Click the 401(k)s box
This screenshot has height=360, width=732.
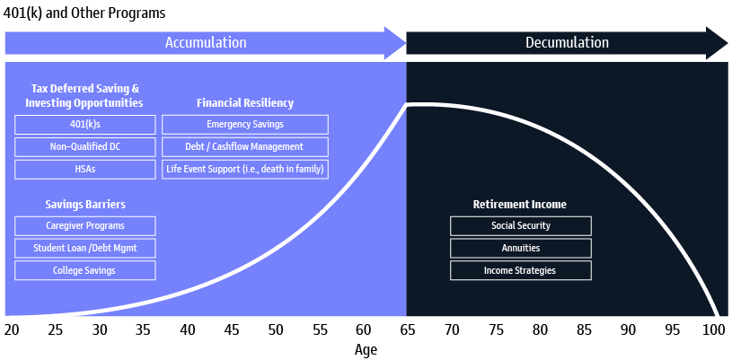pyautogui.click(x=85, y=125)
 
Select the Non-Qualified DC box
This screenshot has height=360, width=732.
pyautogui.click(x=85, y=146)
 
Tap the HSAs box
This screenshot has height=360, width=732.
pyautogui.click(x=85, y=169)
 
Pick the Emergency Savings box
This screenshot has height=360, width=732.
pyautogui.click(x=245, y=125)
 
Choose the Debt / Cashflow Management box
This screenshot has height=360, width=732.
pyautogui.click(x=245, y=146)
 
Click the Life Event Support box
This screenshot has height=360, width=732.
pyautogui.click(x=245, y=169)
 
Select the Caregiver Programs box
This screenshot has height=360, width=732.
pyautogui.click(x=85, y=226)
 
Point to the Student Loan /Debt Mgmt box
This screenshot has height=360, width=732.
pyautogui.click(x=85, y=248)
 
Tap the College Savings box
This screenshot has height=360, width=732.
pyautogui.click(x=85, y=270)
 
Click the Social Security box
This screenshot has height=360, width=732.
pyautogui.click(x=521, y=226)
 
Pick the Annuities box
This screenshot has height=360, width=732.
pyautogui.click(x=521, y=248)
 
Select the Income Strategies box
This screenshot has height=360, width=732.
pyautogui.click(x=521, y=270)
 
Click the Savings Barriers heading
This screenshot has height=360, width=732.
pyautogui.click(x=85, y=205)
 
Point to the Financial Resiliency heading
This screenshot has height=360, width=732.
pyautogui.click(x=245, y=103)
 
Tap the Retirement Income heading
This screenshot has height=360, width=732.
pyautogui.click(x=520, y=205)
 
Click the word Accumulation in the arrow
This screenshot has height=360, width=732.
pyautogui.click(x=206, y=43)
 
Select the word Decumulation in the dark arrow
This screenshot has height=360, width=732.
pyautogui.click(x=567, y=43)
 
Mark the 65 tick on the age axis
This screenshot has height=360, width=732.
pyautogui.click(x=407, y=330)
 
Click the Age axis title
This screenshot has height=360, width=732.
pyautogui.click(x=366, y=350)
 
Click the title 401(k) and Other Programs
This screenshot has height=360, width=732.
pyautogui.click(x=84, y=13)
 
